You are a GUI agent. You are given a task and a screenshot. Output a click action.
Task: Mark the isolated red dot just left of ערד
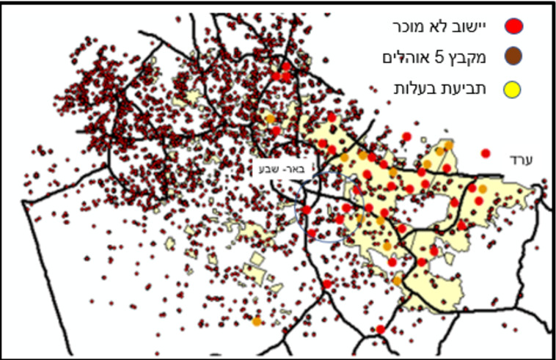[486, 153]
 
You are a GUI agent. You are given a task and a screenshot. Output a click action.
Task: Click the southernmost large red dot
[380, 330]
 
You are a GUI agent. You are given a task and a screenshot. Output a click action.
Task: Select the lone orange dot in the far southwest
[256, 321]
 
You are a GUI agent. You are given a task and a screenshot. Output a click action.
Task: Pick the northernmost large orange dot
[270, 118]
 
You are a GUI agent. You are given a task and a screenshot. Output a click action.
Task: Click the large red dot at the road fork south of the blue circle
[327, 284]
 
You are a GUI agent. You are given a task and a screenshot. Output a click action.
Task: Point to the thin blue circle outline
[296, 213]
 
